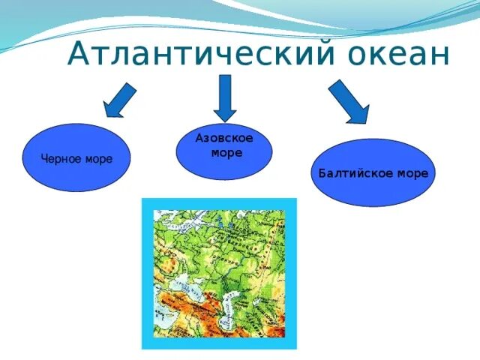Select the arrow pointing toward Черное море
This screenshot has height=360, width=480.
click(120, 100)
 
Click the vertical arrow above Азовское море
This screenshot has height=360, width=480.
click(224, 97)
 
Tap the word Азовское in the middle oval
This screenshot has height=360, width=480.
click(224, 139)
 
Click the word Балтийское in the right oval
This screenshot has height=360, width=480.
click(349, 173)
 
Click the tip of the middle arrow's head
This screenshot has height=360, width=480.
click(224, 121)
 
